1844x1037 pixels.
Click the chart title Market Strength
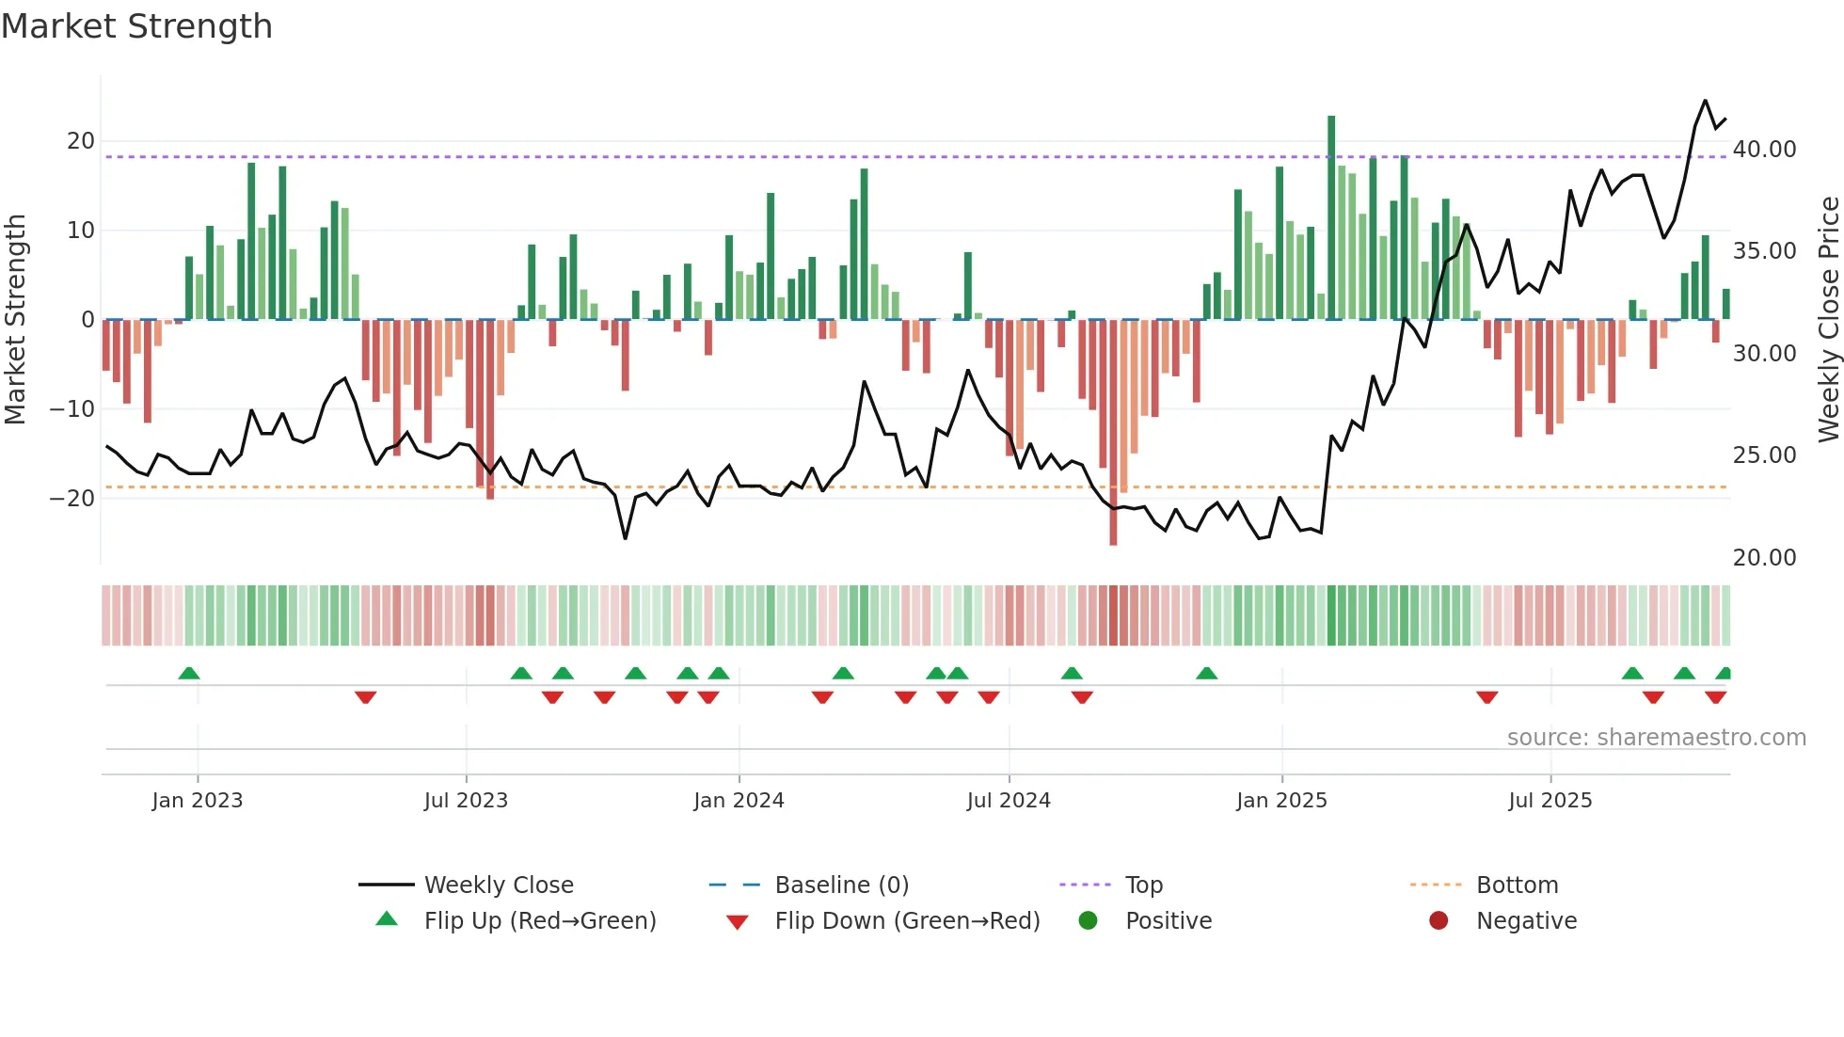click(136, 26)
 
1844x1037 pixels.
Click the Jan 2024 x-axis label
click(739, 801)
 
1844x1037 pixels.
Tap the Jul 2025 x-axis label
click(1550, 801)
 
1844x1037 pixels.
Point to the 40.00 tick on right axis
click(1764, 150)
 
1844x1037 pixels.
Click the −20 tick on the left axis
click(72, 499)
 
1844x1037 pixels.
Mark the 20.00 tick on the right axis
click(1764, 558)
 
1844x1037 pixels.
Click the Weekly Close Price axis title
click(1828, 320)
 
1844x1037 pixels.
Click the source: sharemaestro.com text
click(1656, 738)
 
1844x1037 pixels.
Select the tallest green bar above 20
click(1331, 216)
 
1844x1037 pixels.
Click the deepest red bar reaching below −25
click(1113, 433)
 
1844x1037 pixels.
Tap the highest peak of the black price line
click(1705, 101)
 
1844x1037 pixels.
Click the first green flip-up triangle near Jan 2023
click(189, 673)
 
